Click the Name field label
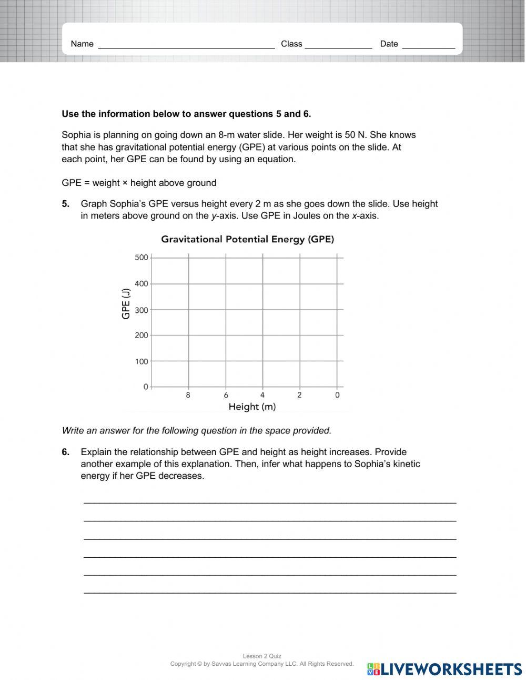click(x=82, y=44)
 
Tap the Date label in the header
click(x=389, y=44)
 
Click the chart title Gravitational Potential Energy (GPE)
click(x=247, y=239)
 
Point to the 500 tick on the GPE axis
click(x=141, y=258)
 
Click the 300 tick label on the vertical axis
click(x=141, y=310)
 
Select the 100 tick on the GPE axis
click(x=141, y=361)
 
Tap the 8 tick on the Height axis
click(x=188, y=395)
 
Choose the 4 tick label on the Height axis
click(x=262, y=395)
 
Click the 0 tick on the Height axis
click(x=337, y=395)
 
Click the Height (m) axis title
click(x=252, y=407)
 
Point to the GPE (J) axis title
click(x=126, y=303)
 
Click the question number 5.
click(x=65, y=204)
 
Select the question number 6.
click(x=65, y=452)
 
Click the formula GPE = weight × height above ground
click(x=139, y=183)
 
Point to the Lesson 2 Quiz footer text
click(x=262, y=656)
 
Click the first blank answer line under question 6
click(x=270, y=501)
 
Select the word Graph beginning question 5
click(x=93, y=204)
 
